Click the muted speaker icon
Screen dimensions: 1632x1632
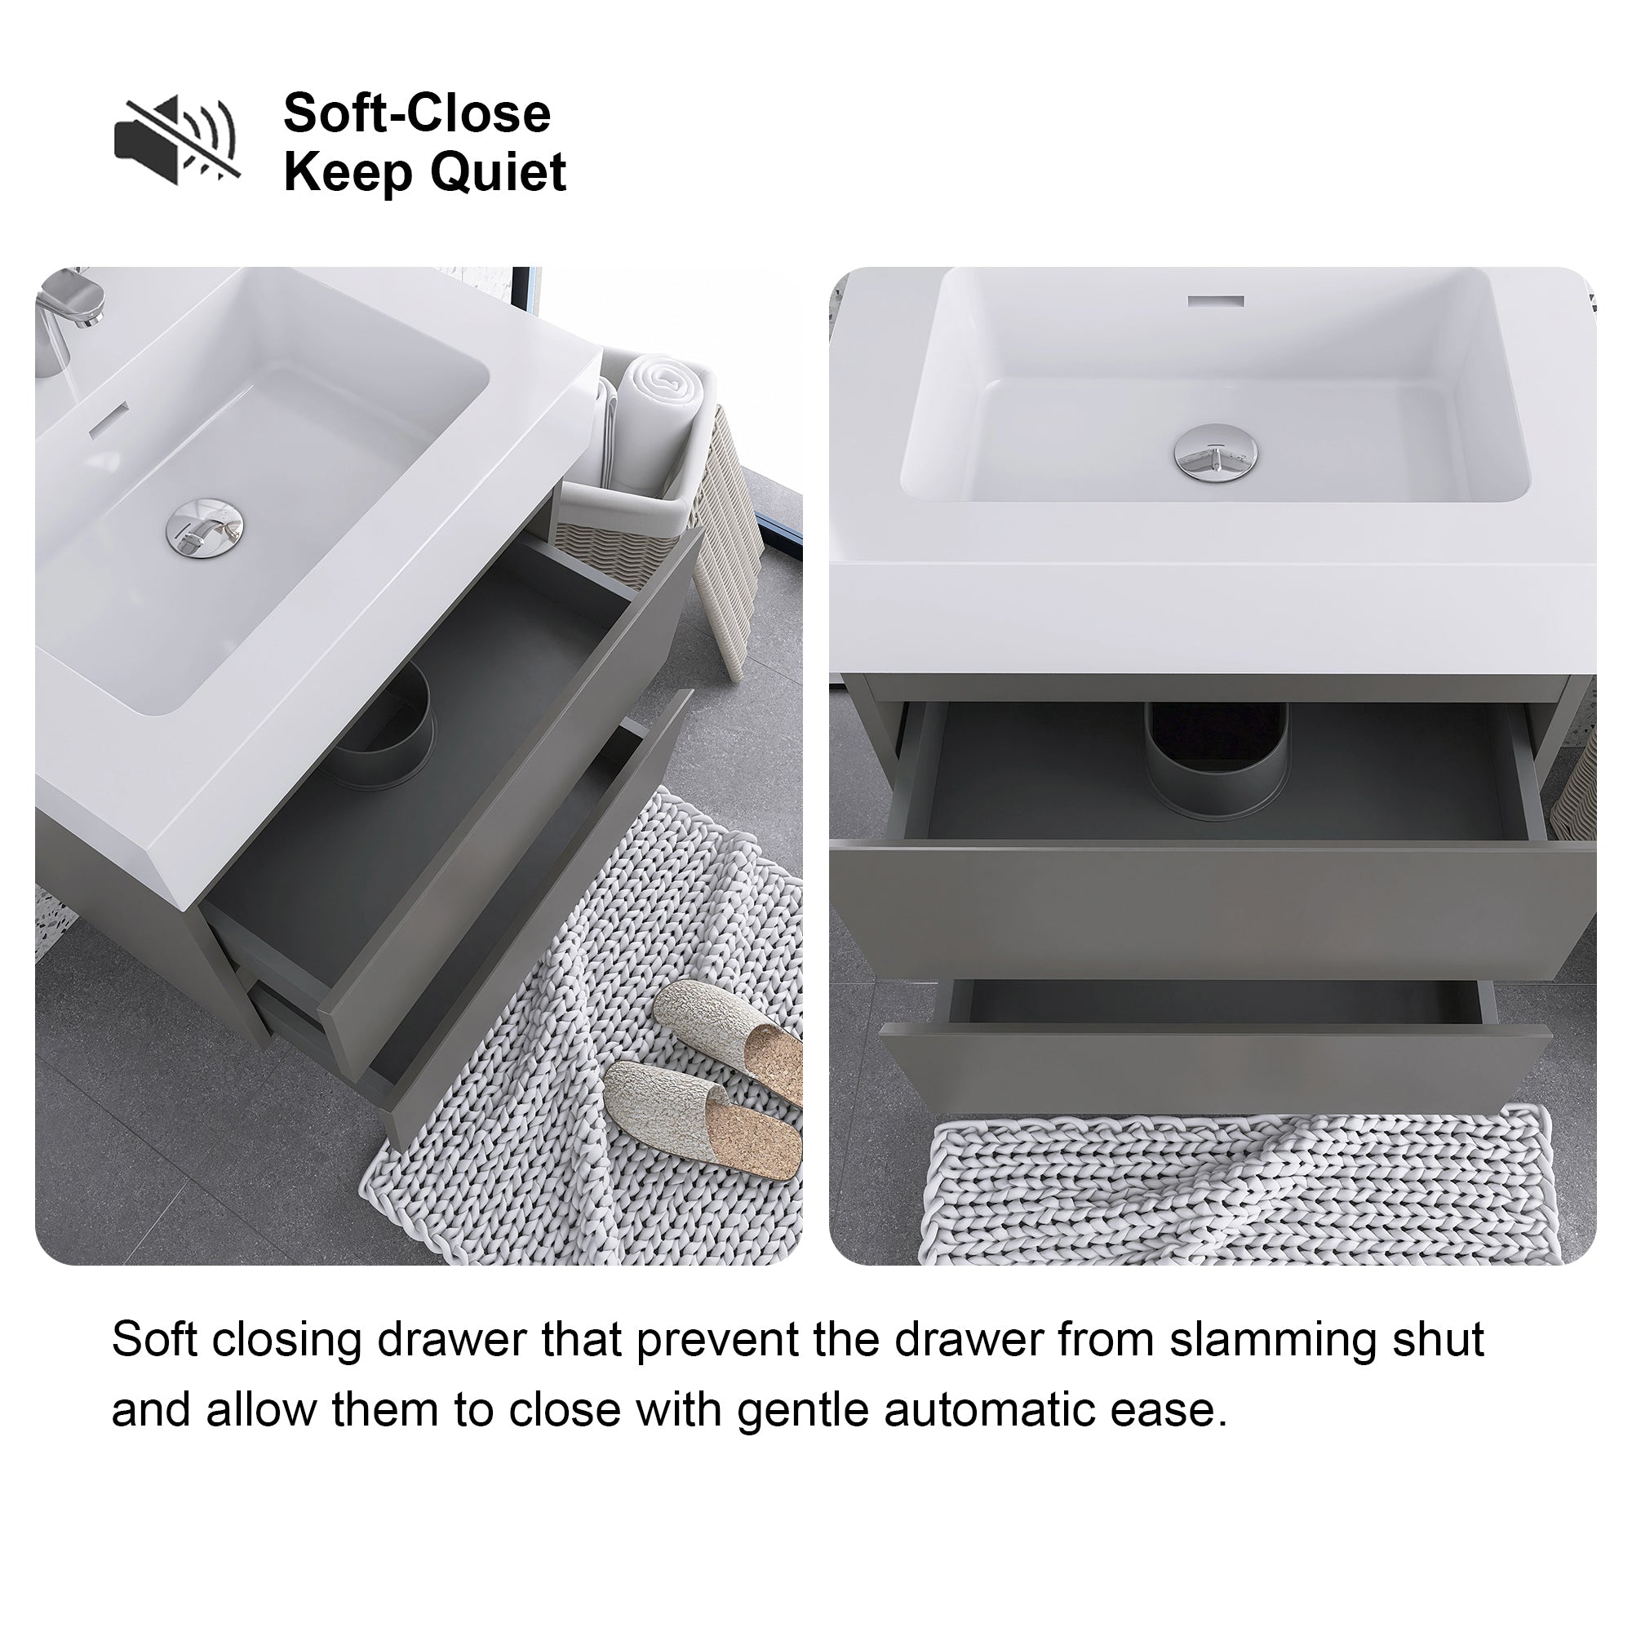[177, 140]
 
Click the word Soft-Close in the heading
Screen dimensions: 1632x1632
[417, 113]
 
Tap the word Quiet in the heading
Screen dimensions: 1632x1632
[499, 172]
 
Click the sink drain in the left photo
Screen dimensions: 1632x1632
[205, 529]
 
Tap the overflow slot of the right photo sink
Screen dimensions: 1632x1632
[1217, 301]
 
